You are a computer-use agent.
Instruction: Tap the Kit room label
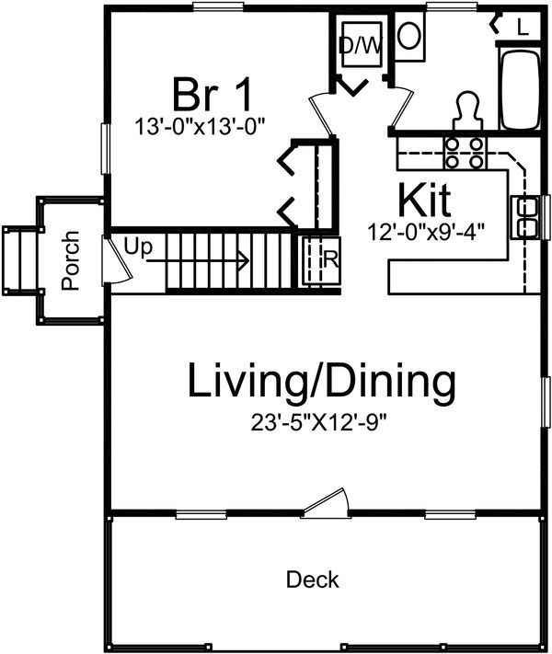coord(427,199)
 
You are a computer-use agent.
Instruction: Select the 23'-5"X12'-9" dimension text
coord(320,424)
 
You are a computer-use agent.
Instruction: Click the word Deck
coord(312,580)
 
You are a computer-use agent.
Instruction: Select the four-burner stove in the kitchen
coord(465,153)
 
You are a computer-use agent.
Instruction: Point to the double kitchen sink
coord(529,217)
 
